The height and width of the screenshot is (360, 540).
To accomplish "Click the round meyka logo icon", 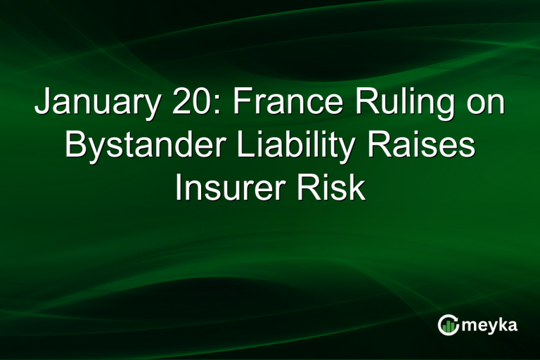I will [x=448, y=325].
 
